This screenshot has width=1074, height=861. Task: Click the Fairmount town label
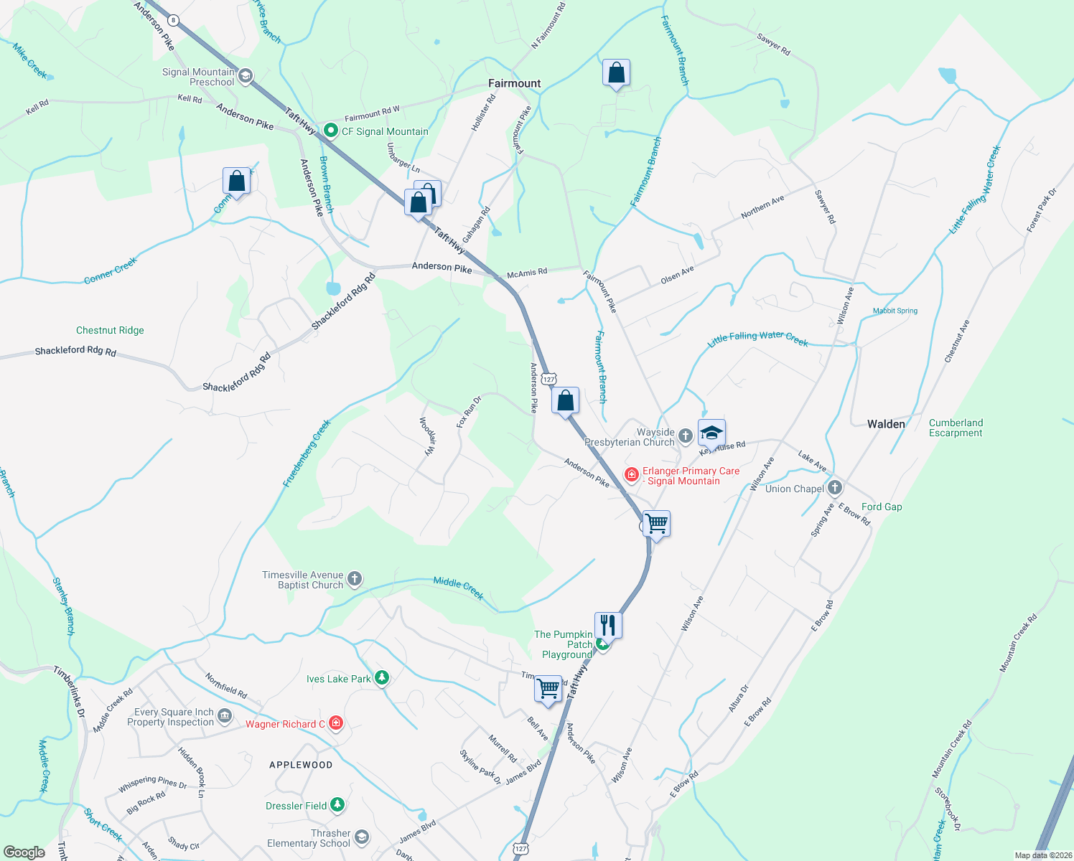click(514, 83)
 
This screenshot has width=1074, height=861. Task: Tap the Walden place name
click(886, 424)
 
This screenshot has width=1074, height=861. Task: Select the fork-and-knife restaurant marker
click(607, 625)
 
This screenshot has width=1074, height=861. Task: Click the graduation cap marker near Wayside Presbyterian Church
click(711, 433)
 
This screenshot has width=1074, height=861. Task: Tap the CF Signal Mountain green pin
click(331, 131)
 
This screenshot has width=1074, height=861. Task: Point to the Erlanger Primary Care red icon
click(631, 475)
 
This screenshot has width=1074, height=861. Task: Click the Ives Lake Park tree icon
click(382, 678)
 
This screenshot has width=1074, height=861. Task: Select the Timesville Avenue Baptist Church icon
click(354, 578)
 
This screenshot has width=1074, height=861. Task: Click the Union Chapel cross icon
click(834, 489)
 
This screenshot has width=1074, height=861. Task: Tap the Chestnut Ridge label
click(110, 330)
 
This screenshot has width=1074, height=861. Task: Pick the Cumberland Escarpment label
click(956, 428)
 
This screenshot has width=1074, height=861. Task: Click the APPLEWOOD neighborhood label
click(301, 765)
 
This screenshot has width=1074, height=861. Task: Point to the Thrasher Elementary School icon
click(362, 837)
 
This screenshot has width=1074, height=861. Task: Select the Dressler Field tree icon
click(337, 806)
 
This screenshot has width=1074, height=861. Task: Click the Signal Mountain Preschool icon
click(246, 76)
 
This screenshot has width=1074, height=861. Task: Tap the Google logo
click(24, 852)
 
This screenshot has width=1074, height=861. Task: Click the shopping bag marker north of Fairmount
click(616, 73)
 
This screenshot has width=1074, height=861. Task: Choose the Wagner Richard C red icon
click(335, 723)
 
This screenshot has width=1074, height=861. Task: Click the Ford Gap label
click(882, 507)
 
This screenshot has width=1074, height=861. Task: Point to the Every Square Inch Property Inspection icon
click(225, 716)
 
